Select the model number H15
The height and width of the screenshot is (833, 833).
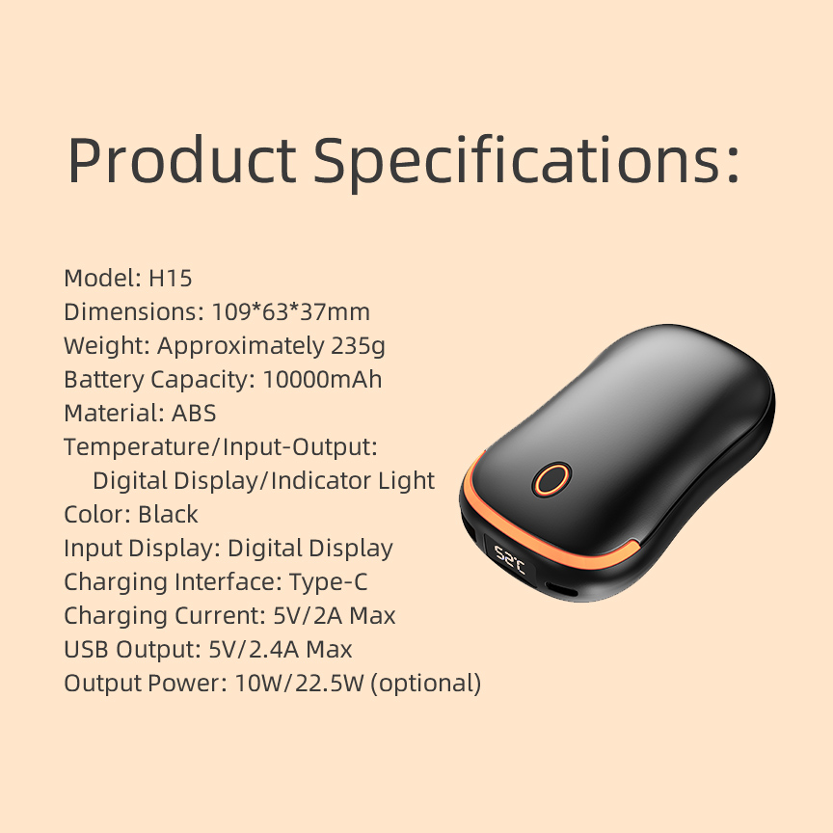(x=171, y=279)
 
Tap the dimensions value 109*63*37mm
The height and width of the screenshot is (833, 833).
(x=290, y=312)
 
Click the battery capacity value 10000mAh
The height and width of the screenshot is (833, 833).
(x=322, y=379)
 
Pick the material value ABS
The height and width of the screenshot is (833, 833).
(x=194, y=413)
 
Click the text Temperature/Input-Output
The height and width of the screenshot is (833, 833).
(x=220, y=447)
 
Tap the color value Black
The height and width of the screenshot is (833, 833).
(x=168, y=514)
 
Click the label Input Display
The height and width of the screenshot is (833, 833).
(x=142, y=549)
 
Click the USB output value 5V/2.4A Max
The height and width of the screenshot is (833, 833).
(x=281, y=650)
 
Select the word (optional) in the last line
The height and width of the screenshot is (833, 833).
(x=425, y=684)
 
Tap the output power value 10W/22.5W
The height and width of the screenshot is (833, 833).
(x=299, y=684)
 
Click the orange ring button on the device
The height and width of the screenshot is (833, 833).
(x=551, y=478)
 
